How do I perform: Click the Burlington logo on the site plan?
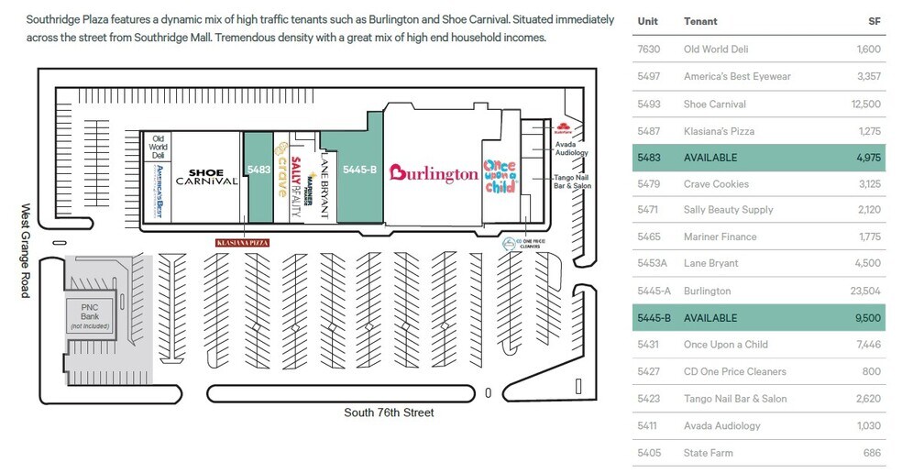434,173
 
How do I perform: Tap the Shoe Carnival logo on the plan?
213,176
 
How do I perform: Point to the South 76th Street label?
389,412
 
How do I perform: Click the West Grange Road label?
25,249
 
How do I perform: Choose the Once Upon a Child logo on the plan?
500,170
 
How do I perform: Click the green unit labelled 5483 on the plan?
258,170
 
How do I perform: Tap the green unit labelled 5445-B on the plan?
358,170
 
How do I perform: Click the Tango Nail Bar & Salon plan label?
572,181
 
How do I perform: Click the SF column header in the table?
874,21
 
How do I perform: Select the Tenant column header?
700,21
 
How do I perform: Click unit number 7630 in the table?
648,49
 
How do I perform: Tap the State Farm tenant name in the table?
709,453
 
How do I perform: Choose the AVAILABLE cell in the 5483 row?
710,158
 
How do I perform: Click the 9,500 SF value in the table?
867,318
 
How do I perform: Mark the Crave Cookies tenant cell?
716,184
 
